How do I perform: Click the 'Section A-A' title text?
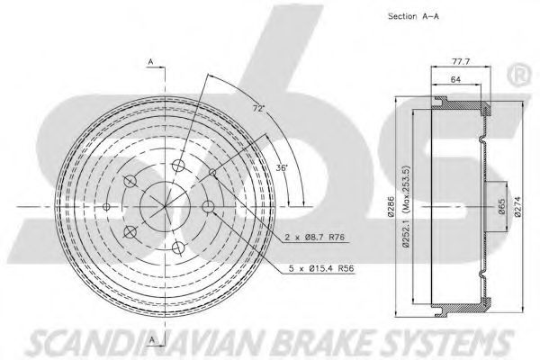tap(414, 16)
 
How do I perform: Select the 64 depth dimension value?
tap(455, 79)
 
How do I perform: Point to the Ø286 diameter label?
tap(391, 207)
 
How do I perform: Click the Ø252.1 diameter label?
tap(407, 234)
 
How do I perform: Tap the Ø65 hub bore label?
tap(502, 206)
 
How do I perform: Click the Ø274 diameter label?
tap(518, 206)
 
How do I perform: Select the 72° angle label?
tap(258, 109)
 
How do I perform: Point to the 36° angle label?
tap(282, 167)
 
